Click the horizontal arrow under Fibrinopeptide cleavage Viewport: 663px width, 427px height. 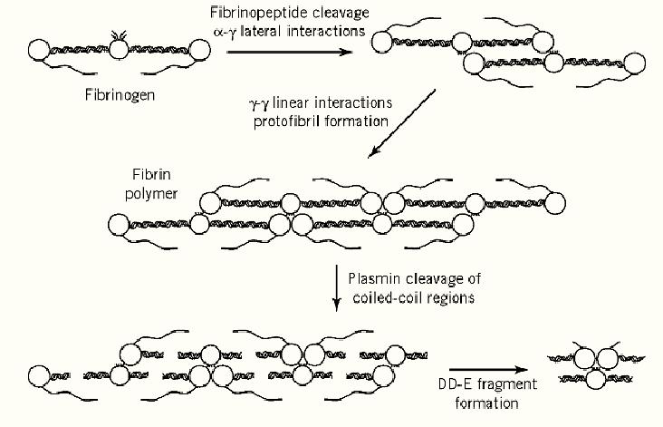289,52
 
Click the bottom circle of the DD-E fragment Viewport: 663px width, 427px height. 593,380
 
